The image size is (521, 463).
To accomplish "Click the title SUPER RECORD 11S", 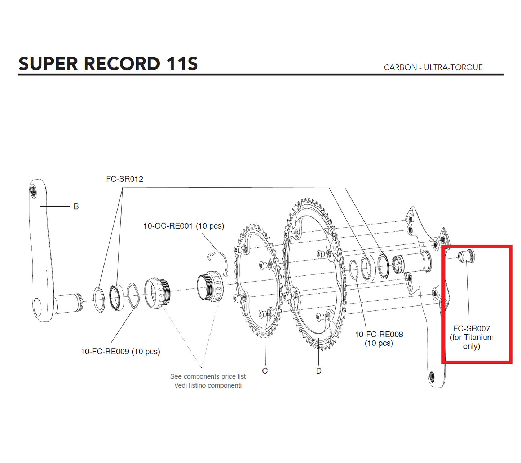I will (x=108, y=64).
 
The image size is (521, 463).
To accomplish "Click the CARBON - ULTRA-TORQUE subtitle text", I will (x=433, y=67).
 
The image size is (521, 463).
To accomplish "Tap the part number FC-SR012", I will (x=124, y=179).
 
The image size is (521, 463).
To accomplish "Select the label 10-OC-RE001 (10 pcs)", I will (x=184, y=226).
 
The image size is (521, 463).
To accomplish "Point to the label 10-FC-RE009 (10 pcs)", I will (x=120, y=352).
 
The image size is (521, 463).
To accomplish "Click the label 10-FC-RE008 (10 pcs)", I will (x=379, y=339).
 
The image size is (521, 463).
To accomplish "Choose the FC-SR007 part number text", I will (x=471, y=328).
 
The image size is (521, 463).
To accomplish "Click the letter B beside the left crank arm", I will (x=76, y=207).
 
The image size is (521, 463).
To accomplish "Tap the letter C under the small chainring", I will (x=265, y=371).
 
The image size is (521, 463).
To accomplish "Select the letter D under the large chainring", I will (x=318, y=371).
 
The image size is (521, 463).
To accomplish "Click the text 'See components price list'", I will (x=208, y=376).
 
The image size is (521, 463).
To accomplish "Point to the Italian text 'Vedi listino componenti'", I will (x=208, y=385).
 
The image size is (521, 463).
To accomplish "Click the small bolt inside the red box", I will (x=466, y=256).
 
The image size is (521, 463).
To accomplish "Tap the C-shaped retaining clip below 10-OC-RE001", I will (x=218, y=264).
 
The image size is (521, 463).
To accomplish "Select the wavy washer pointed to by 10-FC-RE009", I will (x=132, y=295).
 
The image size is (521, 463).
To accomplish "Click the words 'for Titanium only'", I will (x=471, y=342).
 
